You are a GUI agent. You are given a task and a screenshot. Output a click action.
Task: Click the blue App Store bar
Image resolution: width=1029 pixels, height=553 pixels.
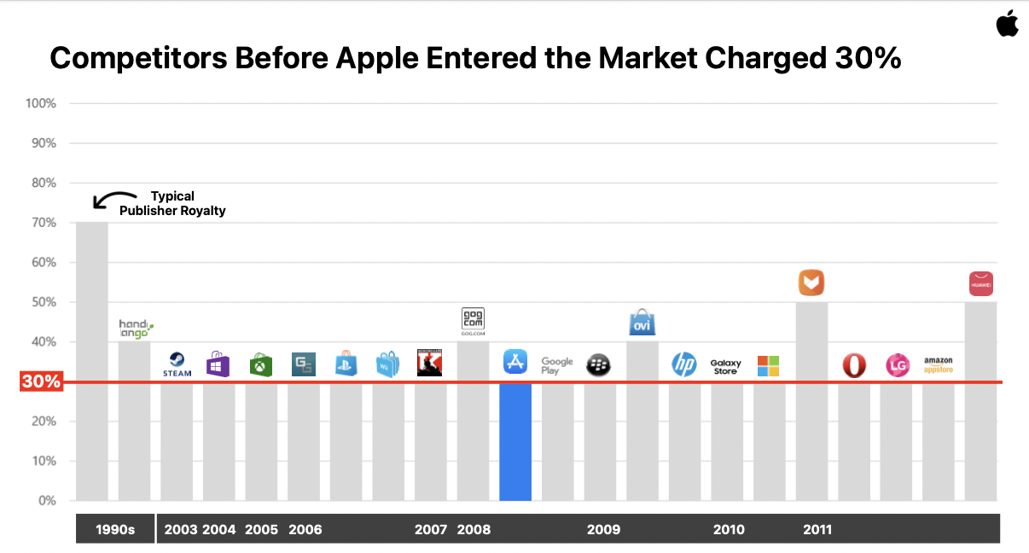tap(515, 441)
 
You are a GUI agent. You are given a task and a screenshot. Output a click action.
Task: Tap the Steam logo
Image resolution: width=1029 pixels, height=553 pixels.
tap(177, 364)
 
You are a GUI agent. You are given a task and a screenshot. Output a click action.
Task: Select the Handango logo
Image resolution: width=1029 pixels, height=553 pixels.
tap(135, 327)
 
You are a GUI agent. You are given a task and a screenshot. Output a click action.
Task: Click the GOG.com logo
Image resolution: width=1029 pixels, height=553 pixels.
tap(473, 322)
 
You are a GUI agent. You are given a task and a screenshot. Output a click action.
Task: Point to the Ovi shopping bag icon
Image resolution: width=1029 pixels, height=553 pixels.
tap(642, 322)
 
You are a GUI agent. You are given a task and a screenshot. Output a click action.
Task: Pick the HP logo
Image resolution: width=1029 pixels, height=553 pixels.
tap(683, 364)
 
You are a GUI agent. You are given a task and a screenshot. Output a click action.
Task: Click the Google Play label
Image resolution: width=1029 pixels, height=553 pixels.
tap(557, 366)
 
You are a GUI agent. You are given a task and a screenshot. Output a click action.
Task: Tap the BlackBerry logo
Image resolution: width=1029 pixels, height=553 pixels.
tap(599, 365)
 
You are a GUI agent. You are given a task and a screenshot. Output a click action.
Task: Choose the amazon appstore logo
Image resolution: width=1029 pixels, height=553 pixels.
tap(938, 365)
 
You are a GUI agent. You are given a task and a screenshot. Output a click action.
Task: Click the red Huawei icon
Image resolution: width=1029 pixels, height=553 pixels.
tap(980, 283)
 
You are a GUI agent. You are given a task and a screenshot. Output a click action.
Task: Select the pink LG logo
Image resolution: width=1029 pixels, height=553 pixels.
tap(897, 365)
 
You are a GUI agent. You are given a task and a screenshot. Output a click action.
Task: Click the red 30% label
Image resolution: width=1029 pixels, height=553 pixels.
tap(41, 382)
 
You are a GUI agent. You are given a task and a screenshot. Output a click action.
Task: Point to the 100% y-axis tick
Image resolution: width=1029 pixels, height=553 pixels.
tap(42, 104)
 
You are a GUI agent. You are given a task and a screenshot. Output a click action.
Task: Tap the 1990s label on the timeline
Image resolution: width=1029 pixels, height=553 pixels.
tap(114, 529)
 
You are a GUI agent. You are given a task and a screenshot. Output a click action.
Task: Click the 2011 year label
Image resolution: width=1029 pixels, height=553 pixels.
tap(817, 529)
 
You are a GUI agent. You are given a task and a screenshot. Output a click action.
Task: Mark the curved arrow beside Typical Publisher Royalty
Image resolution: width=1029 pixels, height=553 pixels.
tap(112, 199)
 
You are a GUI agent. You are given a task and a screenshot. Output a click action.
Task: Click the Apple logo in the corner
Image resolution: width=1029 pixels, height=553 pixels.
tap(1007, 24)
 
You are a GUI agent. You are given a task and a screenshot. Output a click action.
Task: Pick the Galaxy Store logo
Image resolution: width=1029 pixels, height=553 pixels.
tap(725, 366)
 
